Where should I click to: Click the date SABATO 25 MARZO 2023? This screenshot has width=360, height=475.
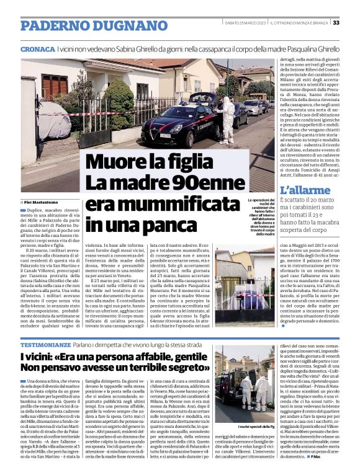245,22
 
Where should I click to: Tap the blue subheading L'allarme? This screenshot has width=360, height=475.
305,190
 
